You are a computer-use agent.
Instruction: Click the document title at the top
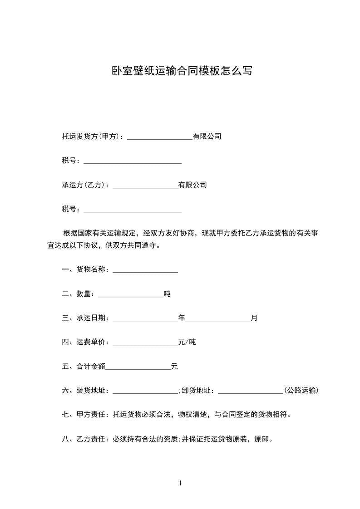click(182, 71)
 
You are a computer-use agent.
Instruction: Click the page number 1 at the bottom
click(180, 483)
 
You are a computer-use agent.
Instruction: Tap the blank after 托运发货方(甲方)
click(160, 137)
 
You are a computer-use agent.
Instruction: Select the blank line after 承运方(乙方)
click(145, 186)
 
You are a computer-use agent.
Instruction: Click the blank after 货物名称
click(145, 270)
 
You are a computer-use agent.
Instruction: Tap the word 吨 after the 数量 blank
click(167, 294)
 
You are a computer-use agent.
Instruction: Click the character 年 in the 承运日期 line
click(182, 318)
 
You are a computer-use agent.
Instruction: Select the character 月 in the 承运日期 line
click(254, 318)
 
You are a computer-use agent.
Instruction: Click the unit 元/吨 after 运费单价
click(187, 342)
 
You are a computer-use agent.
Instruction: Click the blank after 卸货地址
click(251, 391)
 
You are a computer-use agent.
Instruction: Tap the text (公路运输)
click(301, 390)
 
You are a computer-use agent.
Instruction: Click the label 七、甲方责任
click(83, 414)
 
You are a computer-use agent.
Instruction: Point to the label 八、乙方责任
click(83, 439)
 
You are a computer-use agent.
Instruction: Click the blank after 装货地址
click(145, 391)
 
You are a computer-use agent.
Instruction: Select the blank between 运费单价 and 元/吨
click(145, 343)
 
